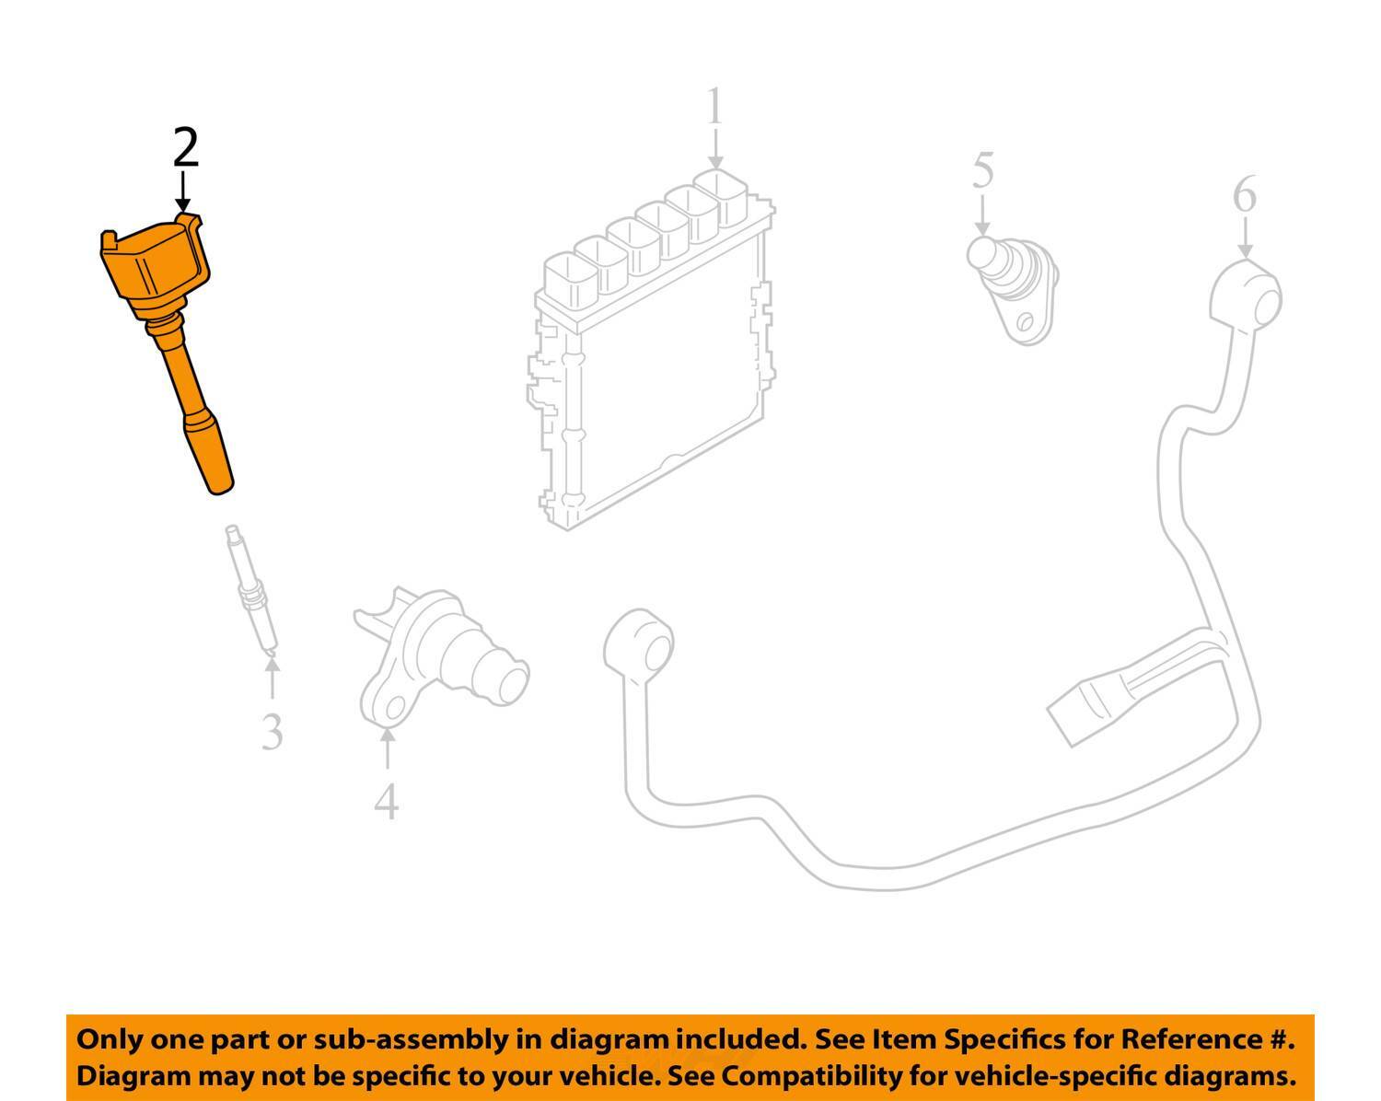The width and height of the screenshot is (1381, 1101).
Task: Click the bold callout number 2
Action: click(186, 148)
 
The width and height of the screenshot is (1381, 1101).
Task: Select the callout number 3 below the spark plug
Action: click(272, 732)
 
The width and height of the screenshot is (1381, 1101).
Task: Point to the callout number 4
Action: click(387, 801)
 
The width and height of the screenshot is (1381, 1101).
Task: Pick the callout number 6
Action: click(1244, 196)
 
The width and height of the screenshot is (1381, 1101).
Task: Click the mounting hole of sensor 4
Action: click(394, 708)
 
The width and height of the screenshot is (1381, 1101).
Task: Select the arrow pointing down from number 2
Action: click(184, 193)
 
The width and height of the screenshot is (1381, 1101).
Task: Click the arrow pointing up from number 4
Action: click(387, 749)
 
